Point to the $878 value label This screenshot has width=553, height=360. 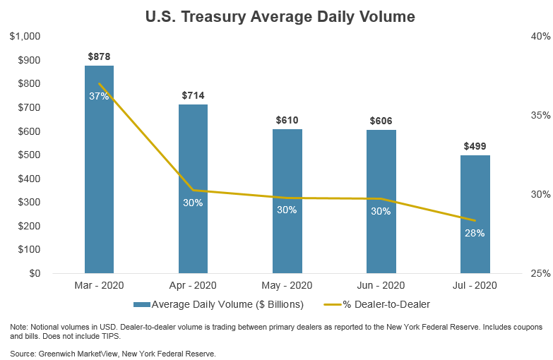[x=99, y=56]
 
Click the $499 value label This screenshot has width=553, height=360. [x=475, y=146]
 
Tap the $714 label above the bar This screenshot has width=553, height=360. [x=193, y=95]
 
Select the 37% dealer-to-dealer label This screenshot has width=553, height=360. [x=99, y=96]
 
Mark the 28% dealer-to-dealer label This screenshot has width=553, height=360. [x=475, y=233]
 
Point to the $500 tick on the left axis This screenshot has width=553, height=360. [x=29, y=155]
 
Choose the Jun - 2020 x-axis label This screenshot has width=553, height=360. [x=381, y=286]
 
